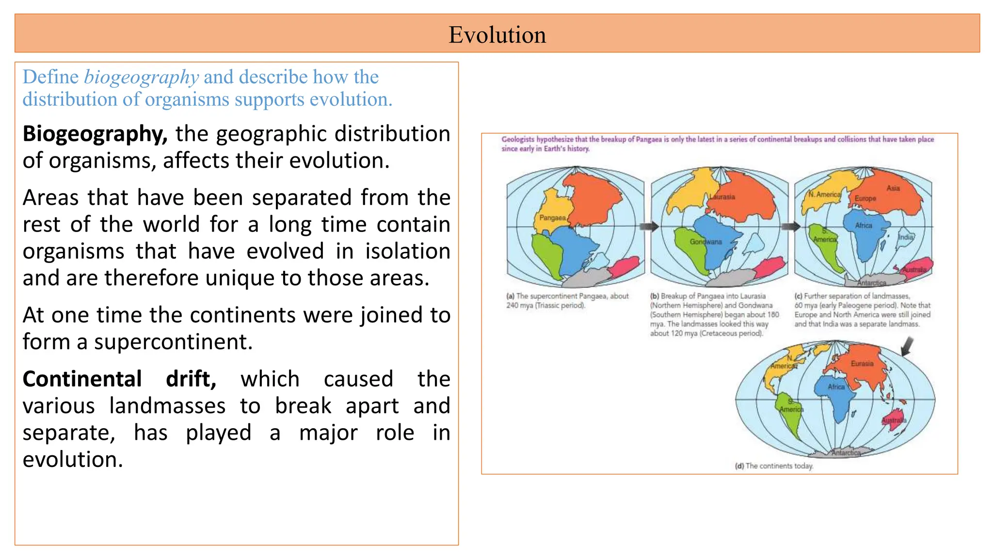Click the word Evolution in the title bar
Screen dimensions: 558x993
tap(497, 35)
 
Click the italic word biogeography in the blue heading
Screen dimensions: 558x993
tap(141, 77)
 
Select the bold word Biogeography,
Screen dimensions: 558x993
tap(95, 134)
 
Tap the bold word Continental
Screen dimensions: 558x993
tap(82, 379)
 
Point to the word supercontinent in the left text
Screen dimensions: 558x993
tap(173, 342)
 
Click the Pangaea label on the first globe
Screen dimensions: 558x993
tap(552, 218)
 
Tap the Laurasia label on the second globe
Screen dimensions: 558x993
tap(722, 197)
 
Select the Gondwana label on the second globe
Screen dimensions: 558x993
tap(705, 242)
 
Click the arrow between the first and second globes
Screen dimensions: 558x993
tap(649, 226)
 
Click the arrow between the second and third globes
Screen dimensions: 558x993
tap(790, 226)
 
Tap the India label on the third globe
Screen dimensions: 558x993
tap(905, 237)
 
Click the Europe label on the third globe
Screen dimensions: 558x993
tap(865, 199)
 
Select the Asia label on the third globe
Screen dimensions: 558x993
tap(893, 188)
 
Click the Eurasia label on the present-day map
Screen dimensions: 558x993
tap(862, 364)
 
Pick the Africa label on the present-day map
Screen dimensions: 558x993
tap(836, 387)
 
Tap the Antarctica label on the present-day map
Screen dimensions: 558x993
tap(846, 453)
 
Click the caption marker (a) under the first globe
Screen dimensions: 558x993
tap(510, 296)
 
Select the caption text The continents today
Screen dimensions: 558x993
tap(779, 466)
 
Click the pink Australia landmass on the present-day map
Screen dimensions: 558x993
tap(894, 420)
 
